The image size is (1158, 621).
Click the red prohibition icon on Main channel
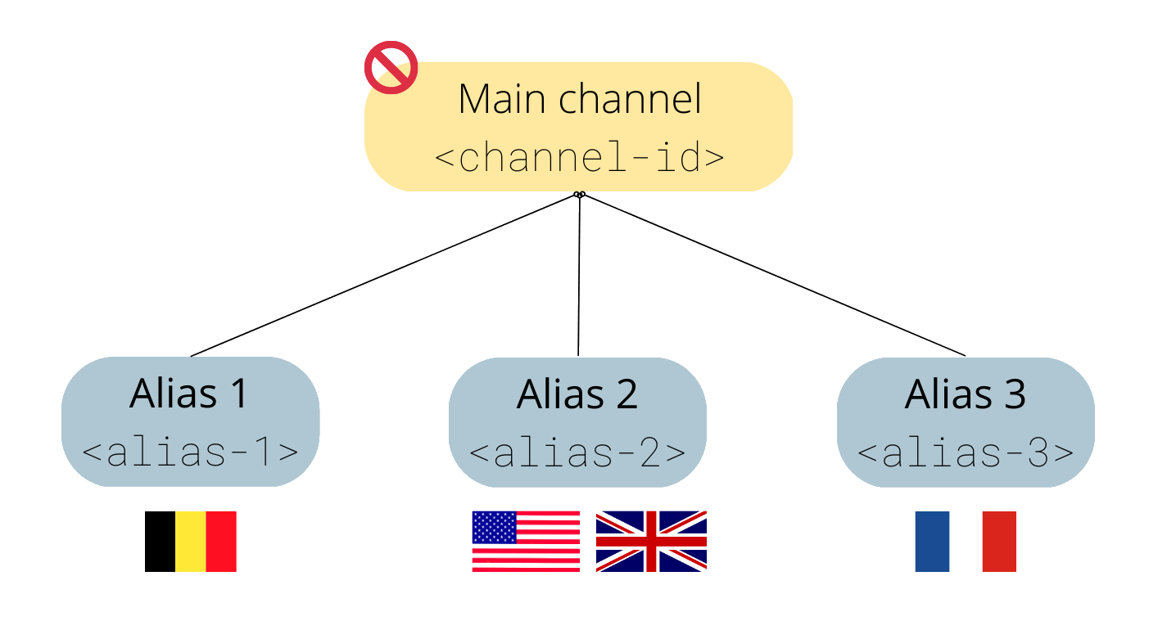click(x=391, y=67)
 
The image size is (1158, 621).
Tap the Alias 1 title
click(x=189, y=394)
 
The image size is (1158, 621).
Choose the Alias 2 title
click(x=577, y=394)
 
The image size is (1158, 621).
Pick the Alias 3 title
click(x=965, y=394)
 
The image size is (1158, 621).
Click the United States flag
click(x=526, y=541)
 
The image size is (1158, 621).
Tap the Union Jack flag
click(x=651, y=541)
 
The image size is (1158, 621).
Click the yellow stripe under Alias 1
click(x=190, y=541)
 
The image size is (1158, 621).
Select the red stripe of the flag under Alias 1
click(x=221, y=541)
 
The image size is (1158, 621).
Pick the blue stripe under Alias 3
click(x=932, y=541)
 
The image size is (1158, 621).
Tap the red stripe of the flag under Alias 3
click(x=999, y=541)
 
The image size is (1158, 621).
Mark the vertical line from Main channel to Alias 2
click(x=579, y=278)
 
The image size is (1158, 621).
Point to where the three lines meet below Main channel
click(x=579, y=195)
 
